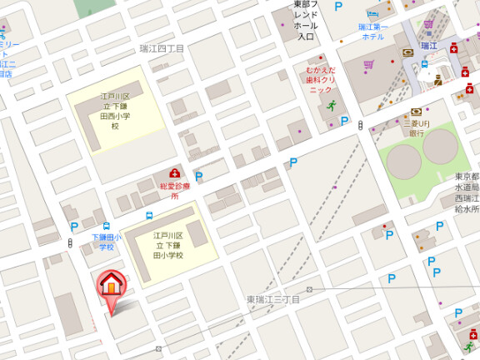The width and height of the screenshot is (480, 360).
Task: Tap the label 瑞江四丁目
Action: pyautogui.click(x=162, y=49)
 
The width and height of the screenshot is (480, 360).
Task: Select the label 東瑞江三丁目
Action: pyautogui.click(x=272, y=298)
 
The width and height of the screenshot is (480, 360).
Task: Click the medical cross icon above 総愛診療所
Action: pyautogui.click(x=175, y=173)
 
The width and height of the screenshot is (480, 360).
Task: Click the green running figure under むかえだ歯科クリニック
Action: pyautogui.click(x=331, y=105)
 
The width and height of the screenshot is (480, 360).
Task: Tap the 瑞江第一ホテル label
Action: pyautogui.click(x=372, y=32)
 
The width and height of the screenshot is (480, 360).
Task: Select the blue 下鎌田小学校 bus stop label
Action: pyautogui.click(x=106, y=242)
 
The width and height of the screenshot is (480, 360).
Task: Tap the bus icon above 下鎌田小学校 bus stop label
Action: pyautogui.click(x=106, y=226)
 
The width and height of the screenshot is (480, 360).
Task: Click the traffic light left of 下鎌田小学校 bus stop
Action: pyautogui.click(x=69, y=242)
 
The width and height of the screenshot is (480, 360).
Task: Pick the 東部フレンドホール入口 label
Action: pyautogui.click(x=306, y=21)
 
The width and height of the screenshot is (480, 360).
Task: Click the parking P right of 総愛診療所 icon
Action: pyautogui.click(x=198, y=177)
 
